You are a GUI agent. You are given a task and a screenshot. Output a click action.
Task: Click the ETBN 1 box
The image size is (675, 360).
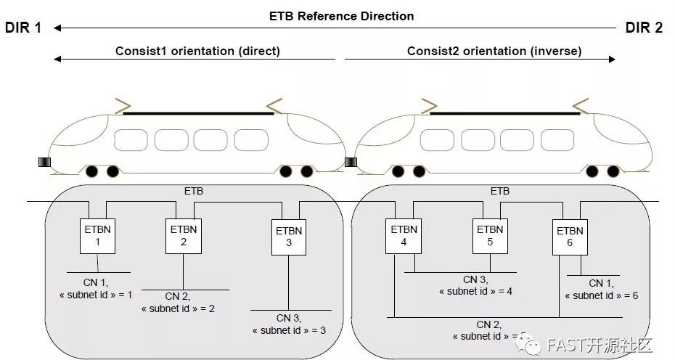[x=97, y=235]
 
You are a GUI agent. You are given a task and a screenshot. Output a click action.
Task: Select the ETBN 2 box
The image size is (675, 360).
[x=184, y=235]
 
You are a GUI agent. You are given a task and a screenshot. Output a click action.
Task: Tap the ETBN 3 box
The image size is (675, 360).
[x=289, y=237]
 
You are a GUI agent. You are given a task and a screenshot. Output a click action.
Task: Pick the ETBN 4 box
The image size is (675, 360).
[x=404, y=235]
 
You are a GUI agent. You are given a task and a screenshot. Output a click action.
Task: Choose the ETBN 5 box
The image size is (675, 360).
[x=490, y=235]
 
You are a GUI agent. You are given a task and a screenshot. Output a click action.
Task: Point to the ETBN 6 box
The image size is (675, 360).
[x=570, y=237]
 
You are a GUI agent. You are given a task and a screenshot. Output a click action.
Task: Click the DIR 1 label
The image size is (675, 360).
[x=23, y=28]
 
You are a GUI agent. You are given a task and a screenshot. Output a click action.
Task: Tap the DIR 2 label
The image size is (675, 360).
[x=644, y=28]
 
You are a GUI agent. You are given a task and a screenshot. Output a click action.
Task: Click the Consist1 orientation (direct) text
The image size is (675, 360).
[x=197, y=51]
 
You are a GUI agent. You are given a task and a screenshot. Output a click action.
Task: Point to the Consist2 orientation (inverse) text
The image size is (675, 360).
[x=494, y=51]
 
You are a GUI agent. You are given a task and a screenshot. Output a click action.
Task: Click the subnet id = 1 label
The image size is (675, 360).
[x=96, y=295]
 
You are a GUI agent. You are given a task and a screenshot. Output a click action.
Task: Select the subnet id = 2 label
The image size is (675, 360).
[x=177, y=308]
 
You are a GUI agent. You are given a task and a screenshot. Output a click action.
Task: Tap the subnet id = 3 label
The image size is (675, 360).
[x=289, y=330]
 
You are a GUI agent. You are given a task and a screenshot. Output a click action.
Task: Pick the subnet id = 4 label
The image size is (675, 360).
[x=476, y=291]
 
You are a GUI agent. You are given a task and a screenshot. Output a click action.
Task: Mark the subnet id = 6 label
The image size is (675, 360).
[x=601, y=295]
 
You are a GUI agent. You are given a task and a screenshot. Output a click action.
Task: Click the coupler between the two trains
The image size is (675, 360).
[x=351, y=162]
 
